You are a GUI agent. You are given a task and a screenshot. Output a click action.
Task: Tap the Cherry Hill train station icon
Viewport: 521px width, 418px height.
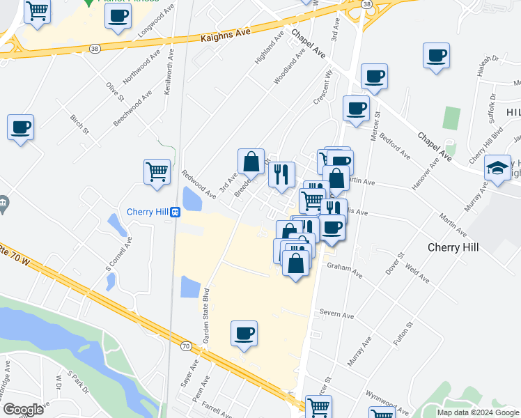pyautogui.click(x=176, y=212)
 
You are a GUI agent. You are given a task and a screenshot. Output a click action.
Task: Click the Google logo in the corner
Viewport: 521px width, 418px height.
pyautogui.click(x=23, y=409)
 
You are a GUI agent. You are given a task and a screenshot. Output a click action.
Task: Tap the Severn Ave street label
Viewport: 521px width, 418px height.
pyautogui.click(x=339, y=315)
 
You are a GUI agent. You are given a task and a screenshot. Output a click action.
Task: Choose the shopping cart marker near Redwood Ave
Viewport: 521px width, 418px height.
pyautogui.click(x=157, y=171)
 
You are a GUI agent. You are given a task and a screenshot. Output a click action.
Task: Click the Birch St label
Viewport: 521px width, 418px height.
pyautogui.click(x=80, y=124)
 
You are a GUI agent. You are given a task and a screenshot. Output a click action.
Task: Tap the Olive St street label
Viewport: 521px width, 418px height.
pyautogui.click(x=114, y=91)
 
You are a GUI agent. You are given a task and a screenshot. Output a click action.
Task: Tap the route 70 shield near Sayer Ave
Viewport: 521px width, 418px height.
pyautogui.click(x=185, y=346)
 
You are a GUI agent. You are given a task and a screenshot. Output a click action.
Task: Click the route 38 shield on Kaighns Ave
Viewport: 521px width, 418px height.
pyautogui.click(x=95, y=48)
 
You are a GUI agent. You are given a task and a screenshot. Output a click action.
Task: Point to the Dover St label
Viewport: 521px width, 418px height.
pyautogui.click(x=396, y=267)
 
